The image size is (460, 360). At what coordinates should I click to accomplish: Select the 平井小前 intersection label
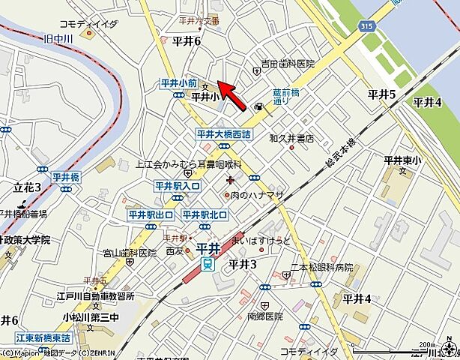point(179,83)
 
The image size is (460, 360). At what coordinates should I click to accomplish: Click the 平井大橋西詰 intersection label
point(223,133)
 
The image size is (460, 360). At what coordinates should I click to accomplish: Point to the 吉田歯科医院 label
point(288,64)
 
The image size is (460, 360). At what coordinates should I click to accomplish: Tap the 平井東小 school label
point(404,159)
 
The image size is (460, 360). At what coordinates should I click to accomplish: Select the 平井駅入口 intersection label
point(178,185)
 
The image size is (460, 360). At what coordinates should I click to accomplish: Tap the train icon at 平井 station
point(206,264)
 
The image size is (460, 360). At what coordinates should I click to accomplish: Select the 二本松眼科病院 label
point(322,267)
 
